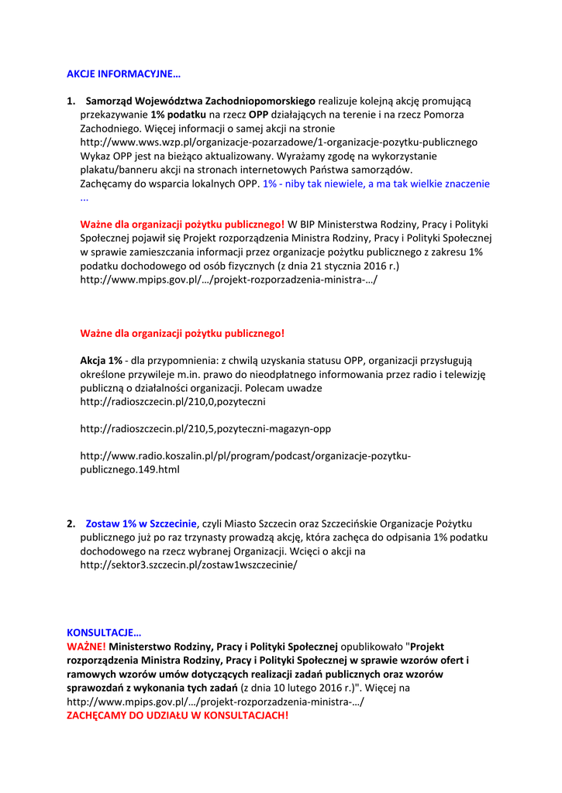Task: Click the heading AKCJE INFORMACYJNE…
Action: [x=123, y=74]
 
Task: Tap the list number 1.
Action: [x=71, y=101]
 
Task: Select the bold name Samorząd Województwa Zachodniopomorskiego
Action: [x=200, y=101]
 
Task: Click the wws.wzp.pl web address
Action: [x=278, y=142]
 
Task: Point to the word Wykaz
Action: [x=96, y=156]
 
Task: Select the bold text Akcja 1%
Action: [x=102, y=361]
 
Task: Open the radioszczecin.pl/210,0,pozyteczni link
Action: [x=173, y=402]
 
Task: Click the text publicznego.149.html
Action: [x=129, y=469]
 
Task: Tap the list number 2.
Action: [x=71, y=524]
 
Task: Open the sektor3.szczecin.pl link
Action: [x=188, y=565]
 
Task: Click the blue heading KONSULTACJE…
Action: [x=105, y=633]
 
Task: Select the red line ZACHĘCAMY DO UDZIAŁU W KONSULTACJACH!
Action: [x=178, y=715]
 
